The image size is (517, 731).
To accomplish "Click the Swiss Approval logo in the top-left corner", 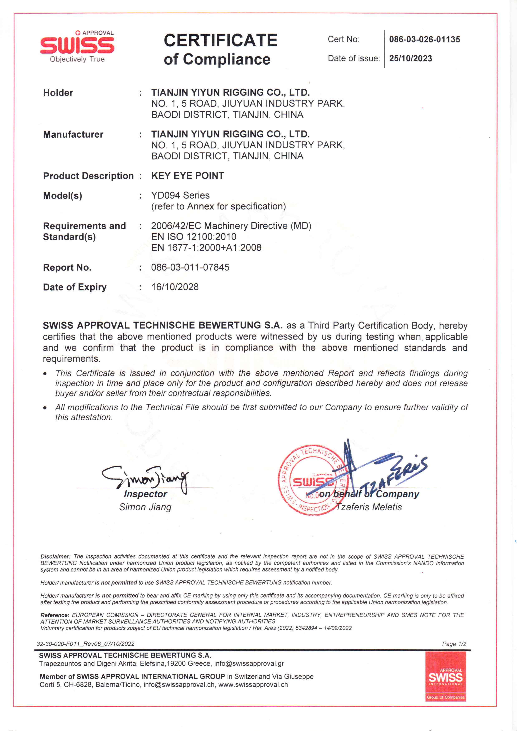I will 77,47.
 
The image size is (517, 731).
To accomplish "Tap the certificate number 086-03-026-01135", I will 424,39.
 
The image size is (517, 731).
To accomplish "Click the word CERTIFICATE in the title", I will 220,40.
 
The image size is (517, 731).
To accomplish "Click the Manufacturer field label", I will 73,134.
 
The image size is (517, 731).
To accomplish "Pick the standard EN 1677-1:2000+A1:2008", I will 206,247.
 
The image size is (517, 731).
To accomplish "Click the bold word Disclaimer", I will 55,556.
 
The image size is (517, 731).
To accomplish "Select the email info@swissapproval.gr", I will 249,663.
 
